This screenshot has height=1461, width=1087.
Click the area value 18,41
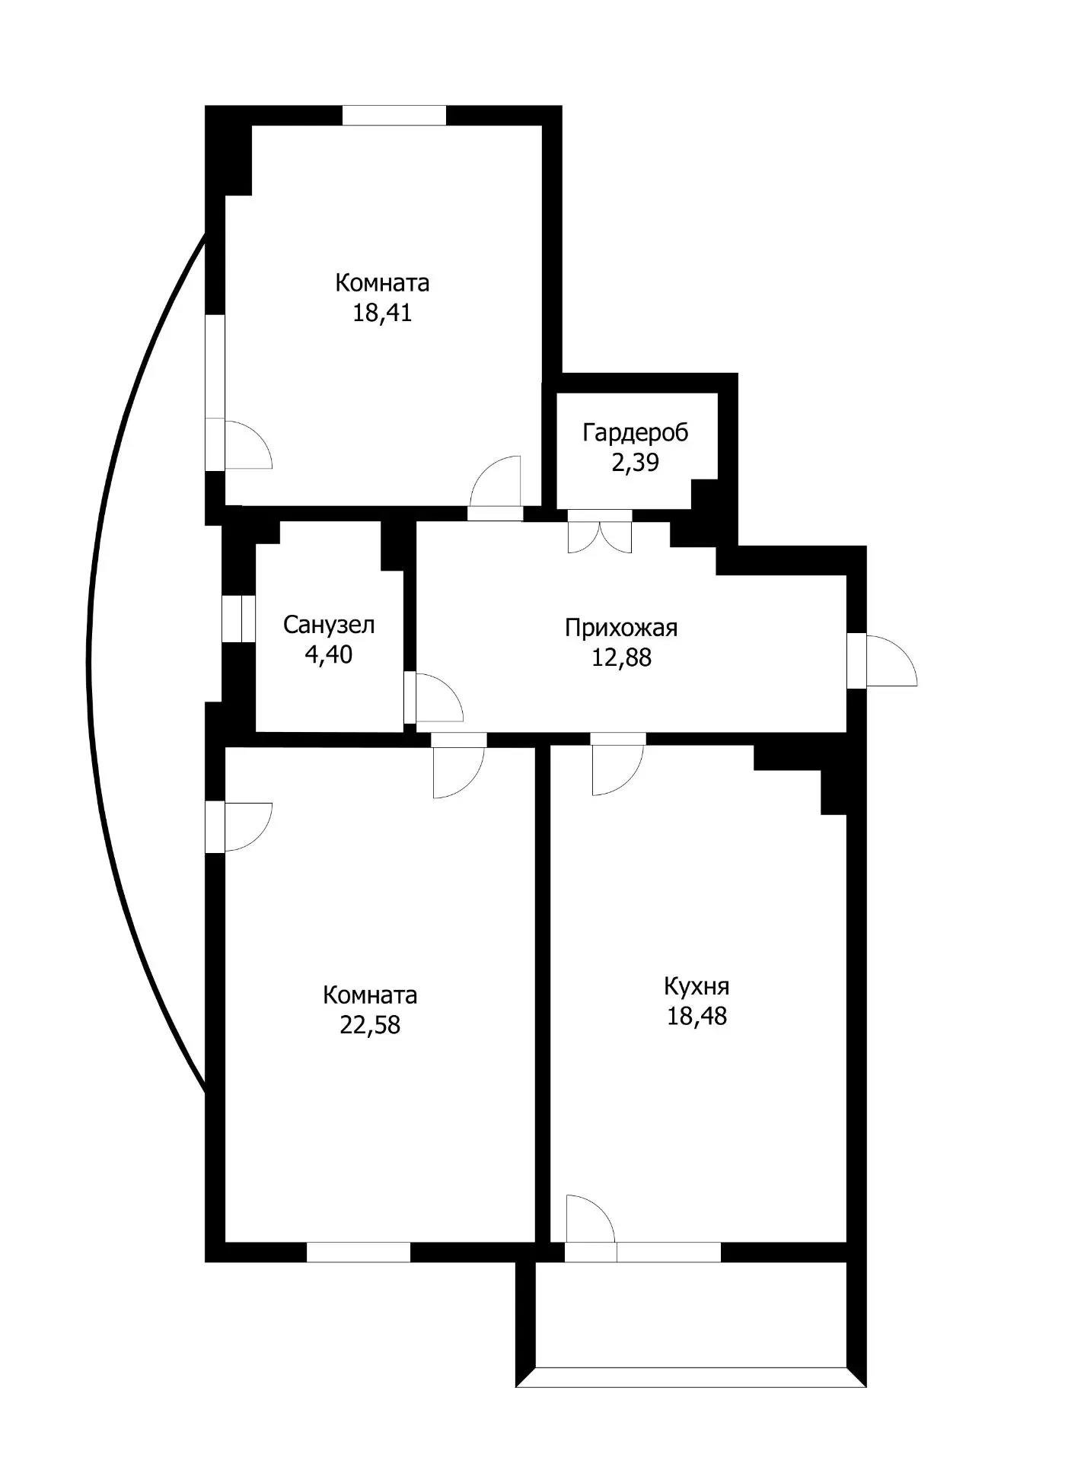coord(382,313)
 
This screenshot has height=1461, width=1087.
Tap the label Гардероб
coord(635,432)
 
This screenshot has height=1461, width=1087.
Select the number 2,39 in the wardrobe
coord(635,462)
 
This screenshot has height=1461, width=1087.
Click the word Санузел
coord(329,625)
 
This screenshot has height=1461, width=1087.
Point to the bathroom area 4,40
coord(329,654)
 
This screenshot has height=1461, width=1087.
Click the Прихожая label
coord(621,628)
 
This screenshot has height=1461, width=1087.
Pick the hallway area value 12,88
coord(621,657)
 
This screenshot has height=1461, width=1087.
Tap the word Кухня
coord(697,986)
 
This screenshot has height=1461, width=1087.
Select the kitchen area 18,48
coord(697,1016)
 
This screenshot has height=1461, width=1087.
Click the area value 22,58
coord(370,1025)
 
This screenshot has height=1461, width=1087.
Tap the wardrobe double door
coord(600,533)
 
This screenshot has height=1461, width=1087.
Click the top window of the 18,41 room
coord(394,115)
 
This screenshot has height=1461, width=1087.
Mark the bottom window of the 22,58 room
coord(358,1252)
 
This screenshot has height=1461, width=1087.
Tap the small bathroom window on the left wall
coord(237,619)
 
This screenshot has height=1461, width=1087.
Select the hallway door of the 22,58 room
coord(457,769)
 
